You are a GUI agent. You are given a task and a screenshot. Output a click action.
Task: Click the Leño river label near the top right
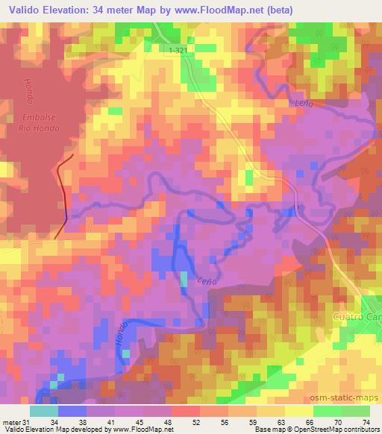coord(303,104)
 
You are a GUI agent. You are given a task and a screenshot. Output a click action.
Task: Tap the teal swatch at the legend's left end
coord(44,411)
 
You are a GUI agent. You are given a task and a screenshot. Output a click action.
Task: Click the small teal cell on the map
coord(184,279)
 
